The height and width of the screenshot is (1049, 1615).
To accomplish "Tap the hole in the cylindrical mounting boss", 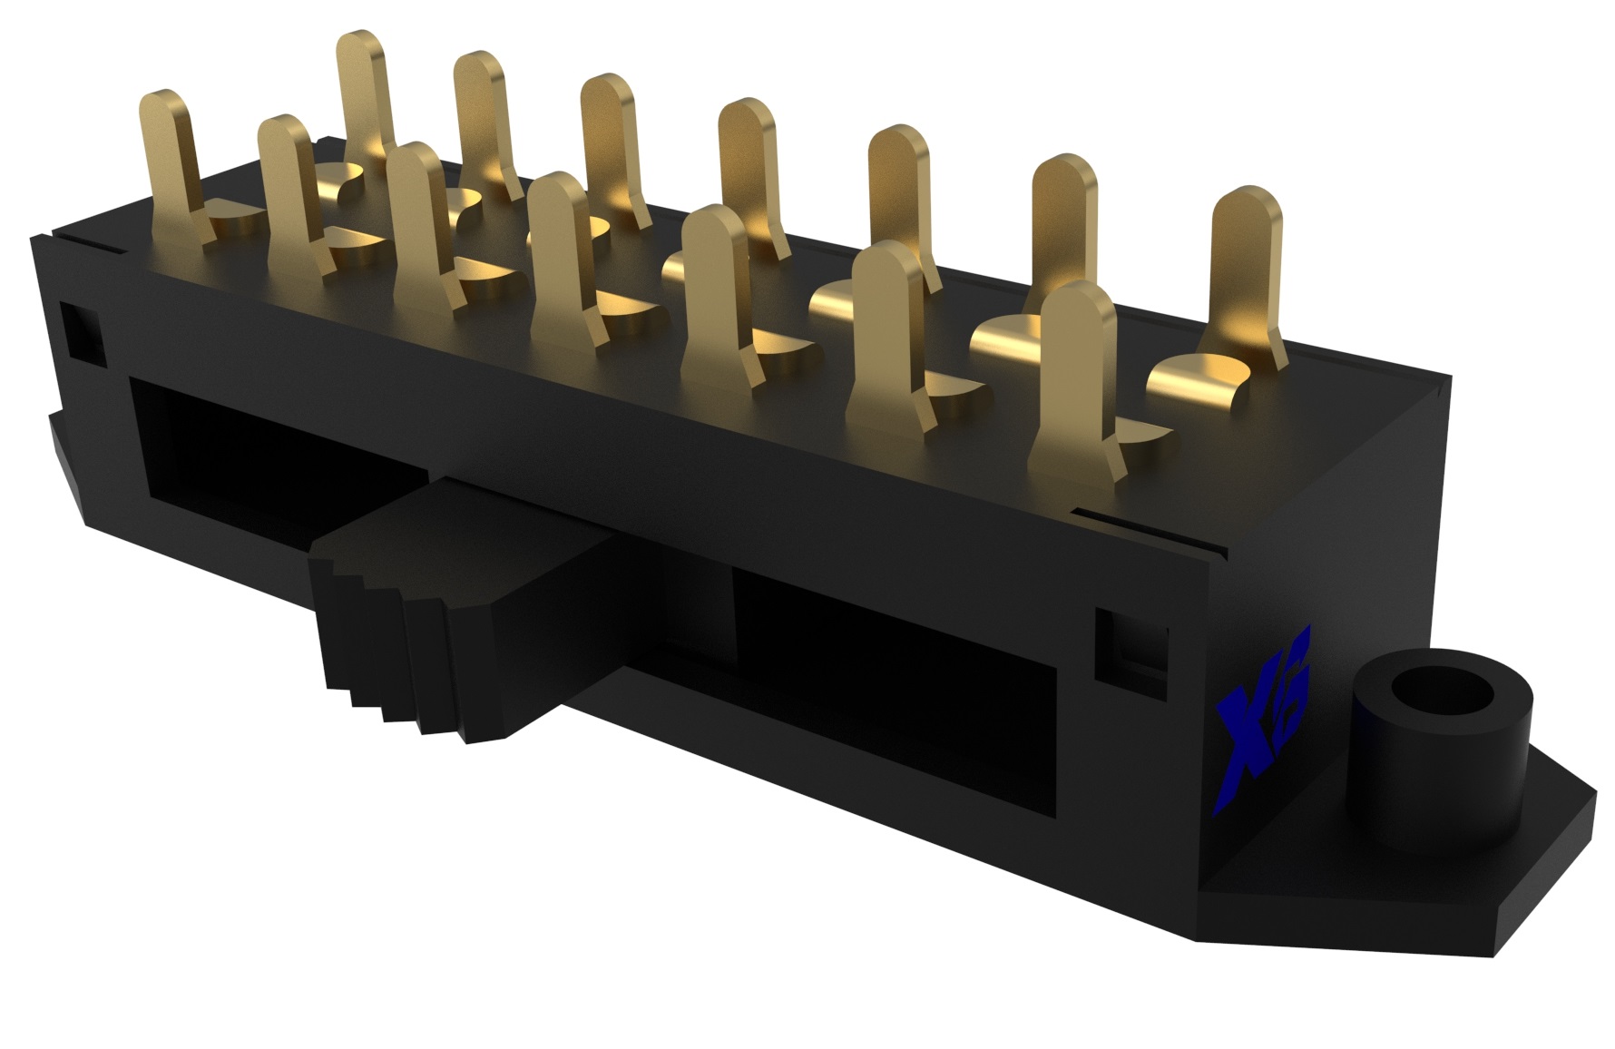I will [1442, 700].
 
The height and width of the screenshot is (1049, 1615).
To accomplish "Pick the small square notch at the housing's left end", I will [80, 331].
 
